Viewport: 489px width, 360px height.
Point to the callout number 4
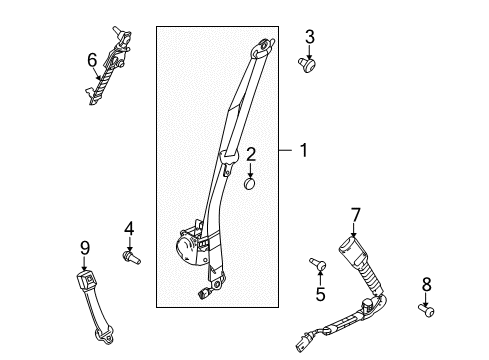coord(128,229)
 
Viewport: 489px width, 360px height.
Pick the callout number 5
coord(320,294)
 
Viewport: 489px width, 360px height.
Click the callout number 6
coord(92,60)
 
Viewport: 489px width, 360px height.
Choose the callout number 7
coord(354,213)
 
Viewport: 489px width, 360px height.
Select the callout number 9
coord(84,247)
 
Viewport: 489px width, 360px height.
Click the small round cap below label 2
coord(250,183)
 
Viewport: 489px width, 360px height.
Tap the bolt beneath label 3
coord(309,65)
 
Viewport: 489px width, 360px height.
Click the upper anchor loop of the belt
coord(263,44)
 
